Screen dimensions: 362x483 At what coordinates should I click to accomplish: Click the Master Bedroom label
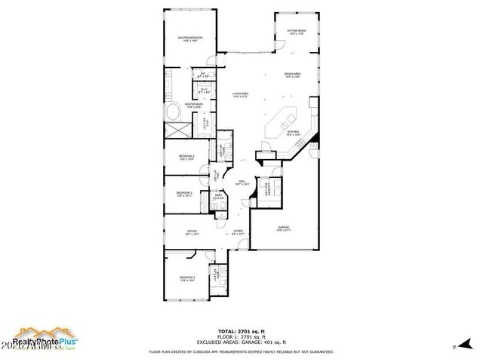coord(189,38)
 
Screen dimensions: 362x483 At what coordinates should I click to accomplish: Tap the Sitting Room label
coord(295,32)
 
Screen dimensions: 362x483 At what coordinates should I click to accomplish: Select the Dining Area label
coord(293,74)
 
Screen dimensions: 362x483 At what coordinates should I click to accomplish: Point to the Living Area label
coord(241,94)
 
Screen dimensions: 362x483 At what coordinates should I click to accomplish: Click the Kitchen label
coord(293,133)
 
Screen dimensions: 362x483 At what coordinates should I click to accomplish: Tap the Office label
coord(192,232)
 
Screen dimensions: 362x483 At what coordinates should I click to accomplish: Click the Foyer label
coord(238,232)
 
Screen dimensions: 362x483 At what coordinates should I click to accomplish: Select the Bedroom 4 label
coord(187,278)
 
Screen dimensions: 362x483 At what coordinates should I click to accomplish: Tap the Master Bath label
coord(192,106)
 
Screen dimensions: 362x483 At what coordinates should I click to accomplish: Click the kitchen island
coord(287,118)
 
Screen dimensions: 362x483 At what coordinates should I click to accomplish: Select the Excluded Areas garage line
coord(241,342)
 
